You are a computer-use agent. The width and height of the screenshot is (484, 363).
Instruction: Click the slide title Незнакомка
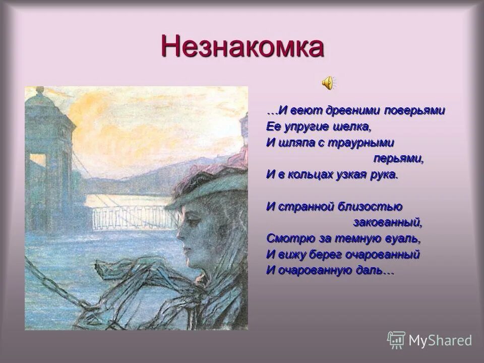[242, 47]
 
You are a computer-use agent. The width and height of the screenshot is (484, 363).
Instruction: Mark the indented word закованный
[387, 222]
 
